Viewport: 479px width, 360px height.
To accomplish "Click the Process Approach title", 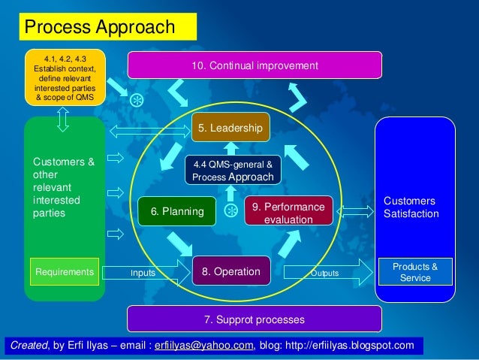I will pyautogui.click(x=100, y=28).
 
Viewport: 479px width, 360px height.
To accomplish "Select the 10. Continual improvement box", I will pyautogui.click(x=255, y=65).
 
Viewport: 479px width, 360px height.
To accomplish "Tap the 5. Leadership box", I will pyautogui.click(x=230, y=129).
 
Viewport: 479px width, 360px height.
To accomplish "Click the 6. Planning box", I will pyautogui.click(x=177, y=211).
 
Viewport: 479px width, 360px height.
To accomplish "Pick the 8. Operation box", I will pyautogui.click(x=231, y=271).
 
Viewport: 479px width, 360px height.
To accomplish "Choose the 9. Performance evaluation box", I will pyautogui.click(x=288, y=213).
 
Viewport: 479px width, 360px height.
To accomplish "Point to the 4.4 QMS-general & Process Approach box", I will pyautogui.click(x=233, y=170).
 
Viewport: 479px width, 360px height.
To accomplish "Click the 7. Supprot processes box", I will pyautogui.click(x=255, y=319).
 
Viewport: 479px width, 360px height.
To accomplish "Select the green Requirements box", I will pyautogui.click(x=64, y=271).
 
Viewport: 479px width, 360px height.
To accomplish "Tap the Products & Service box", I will pyautogui.click(x=415, y=272).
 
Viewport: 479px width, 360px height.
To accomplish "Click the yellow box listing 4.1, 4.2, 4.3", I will pyautogui.click(x=65, y=78).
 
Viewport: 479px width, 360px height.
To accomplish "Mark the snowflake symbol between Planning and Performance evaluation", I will pyautogui.click(x=231, y=210).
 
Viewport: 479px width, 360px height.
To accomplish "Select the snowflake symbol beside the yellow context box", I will pyautogui.click(x=137, y=100).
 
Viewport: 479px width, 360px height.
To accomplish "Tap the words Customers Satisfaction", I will pyautogui.click(x=411, y=207).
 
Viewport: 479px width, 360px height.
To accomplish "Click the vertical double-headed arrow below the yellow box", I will pyautogui.click(x=63, y=117).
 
